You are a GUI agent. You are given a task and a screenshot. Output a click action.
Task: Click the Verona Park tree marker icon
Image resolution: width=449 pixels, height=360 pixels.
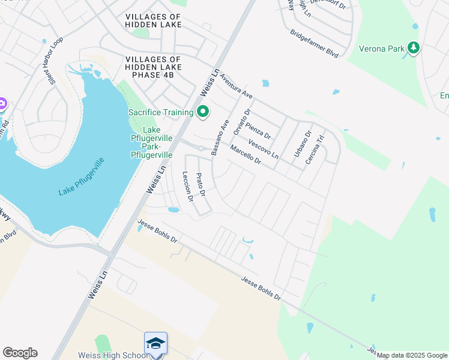click(x=413, y=47)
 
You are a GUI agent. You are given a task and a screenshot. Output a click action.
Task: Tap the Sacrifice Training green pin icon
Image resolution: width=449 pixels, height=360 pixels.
click(x=203, y=112)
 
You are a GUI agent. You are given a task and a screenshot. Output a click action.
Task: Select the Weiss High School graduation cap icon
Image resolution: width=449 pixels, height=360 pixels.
click(x=155, y=344)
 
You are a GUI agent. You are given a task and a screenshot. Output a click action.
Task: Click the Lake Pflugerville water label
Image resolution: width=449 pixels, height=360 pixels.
click(x=82, y=176)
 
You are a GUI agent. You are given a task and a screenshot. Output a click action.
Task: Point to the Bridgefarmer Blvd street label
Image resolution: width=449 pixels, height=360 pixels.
click(x=314, y=44)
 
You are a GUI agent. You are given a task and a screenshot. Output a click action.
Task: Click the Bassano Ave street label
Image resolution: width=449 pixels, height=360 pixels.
click(x=220, y=138)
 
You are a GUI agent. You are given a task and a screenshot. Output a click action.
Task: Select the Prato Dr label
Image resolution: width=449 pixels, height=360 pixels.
click(x=201, y=185)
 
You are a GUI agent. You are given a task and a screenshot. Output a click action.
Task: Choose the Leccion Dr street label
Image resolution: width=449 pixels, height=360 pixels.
click(x=187, y=185)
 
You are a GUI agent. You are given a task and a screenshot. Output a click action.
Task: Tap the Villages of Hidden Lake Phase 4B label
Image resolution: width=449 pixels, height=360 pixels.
click(x=152, y=67)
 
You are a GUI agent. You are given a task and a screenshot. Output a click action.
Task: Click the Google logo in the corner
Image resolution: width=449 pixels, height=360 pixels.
click(x=20, y=353)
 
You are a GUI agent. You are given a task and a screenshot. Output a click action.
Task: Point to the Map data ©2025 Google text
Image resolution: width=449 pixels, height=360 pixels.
click(x=412, y=355)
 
